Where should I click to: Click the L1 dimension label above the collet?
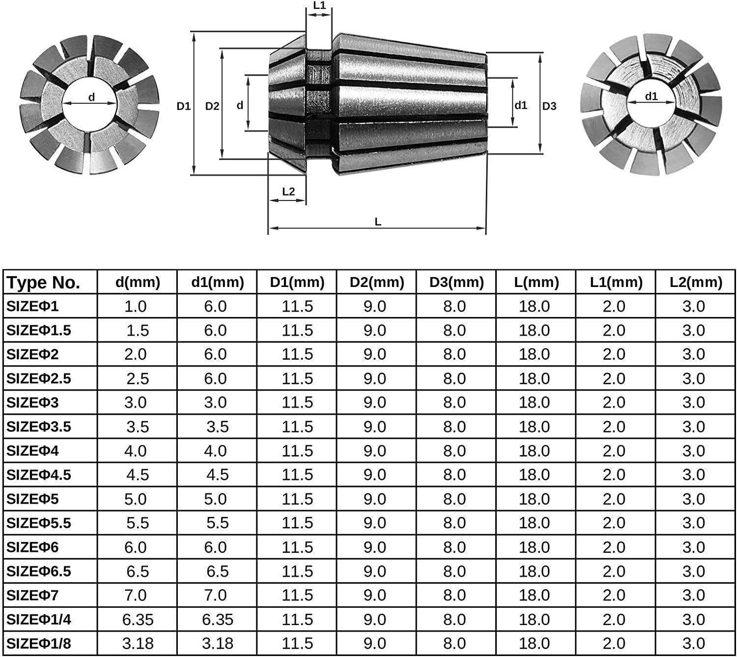pyautogui.click(x=319, y=6)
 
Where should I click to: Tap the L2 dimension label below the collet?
pyautogui.click(x=288, y=192)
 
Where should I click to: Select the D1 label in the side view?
pyautogui.click(x=184, y=106)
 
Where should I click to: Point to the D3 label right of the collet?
pyautogui.click(x=549, y=106)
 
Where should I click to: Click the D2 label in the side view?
pyautogui.click(x=212, y=106)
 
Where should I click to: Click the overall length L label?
pyautogui.click(x=378, y=222)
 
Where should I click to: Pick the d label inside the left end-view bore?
pyautogui.click(x=91, y=97)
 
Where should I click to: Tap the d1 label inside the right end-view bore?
pyautogui.click(x=651, y=96)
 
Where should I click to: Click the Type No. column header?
pyautogui.click(x=43, y=283)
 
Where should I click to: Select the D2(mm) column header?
pyautogui.click(x=377, y=282)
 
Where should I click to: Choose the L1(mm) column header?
pyautogui.click(x=616, y=282)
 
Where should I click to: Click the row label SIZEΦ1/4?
pyautogui.click(x=39, y=619)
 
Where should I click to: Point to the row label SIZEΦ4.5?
pyautogui.click(x=39, y=475)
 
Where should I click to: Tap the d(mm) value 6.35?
pyautogui.click(x=138, y=619)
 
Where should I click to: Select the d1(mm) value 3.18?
pyautogui.click(x=217, y=643)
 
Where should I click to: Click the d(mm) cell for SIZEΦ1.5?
pyautogui.click(x=138, y=330)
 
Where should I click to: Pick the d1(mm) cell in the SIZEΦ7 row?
pyautogui.click(x=215, y=595)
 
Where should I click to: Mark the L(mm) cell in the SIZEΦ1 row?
pyautogui.click(x=534, y=306)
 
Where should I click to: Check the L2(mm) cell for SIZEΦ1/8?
pyautogui.click(x=694, y=643)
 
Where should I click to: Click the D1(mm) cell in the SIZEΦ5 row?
pyautogui.click(x=297, y=499)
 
